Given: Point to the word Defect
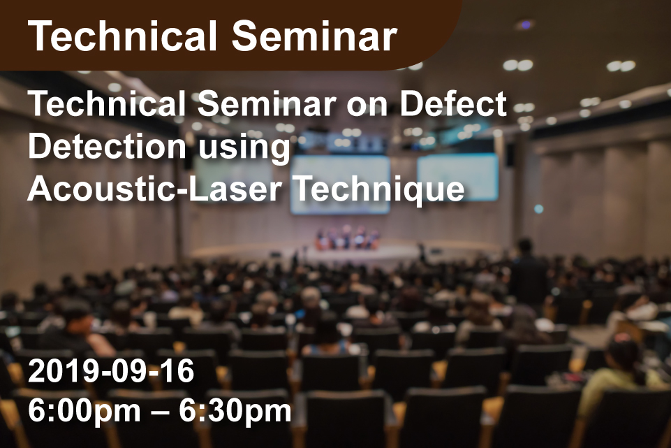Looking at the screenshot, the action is click(x=453, y=103).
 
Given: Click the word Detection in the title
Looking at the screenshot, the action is click(x=107, y=147).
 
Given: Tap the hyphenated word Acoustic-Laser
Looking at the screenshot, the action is click(x=155, y=189).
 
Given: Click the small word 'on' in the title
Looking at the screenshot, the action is click(x=367, y=107).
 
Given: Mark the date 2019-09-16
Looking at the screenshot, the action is click(x=111, y=371).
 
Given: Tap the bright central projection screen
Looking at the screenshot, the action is click(x=340, y=185).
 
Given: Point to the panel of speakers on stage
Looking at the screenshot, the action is click(x=347, y=238).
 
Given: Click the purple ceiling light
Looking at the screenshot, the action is click(x=525, y=25).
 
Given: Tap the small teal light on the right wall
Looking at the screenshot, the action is click(x=539, y=208).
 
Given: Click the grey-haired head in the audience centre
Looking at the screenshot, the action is click(x=311, y=296).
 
